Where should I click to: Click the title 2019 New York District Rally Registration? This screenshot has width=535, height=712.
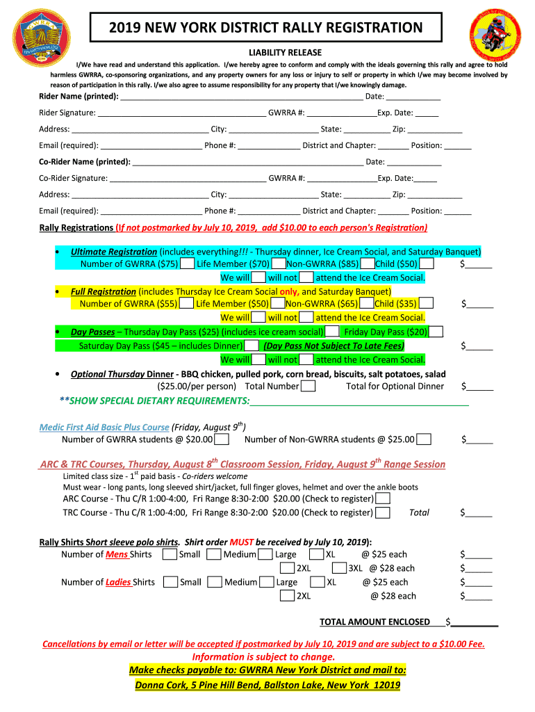[x=266, y=28]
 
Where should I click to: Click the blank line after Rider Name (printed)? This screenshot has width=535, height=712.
[x=242, y=97]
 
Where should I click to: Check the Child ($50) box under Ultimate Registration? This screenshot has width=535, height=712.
[x=427, y=264]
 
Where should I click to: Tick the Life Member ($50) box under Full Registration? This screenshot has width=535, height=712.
[x=277, y=303]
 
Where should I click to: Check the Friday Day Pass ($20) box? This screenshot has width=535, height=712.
[x=436, y=332]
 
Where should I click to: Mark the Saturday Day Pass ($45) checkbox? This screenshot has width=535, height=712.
[x=252, y=346]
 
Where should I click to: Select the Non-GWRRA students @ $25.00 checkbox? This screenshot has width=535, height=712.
[x=424, y=439]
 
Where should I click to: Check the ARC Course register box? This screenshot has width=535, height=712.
[x=382, y=499]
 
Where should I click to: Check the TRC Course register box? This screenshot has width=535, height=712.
[x=382, y=513]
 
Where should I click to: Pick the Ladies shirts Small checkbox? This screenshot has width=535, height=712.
[x=170, y=582]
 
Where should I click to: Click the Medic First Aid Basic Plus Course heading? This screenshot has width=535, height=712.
[x=104, y=427]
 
